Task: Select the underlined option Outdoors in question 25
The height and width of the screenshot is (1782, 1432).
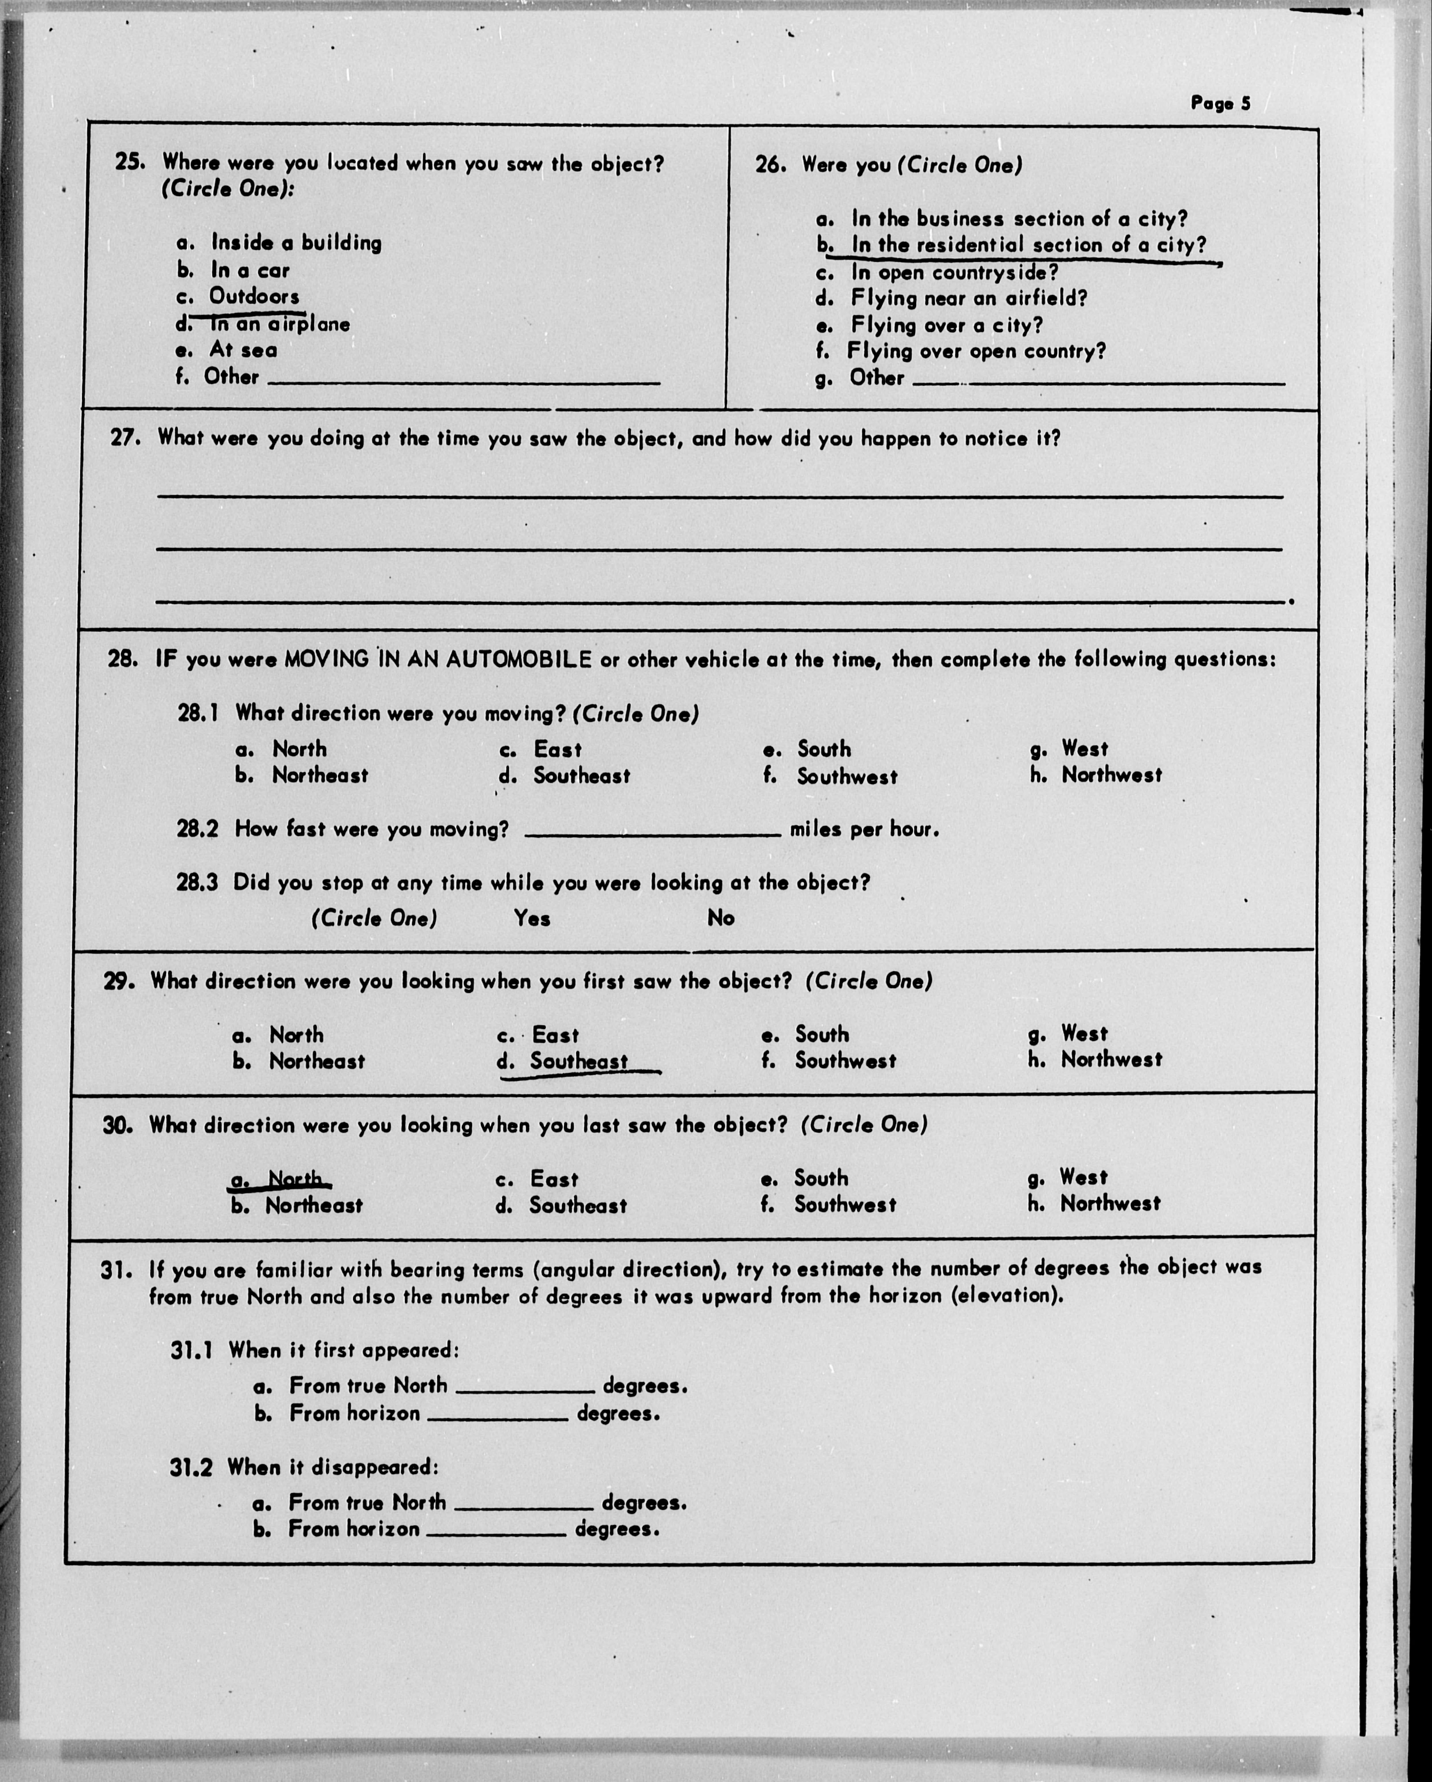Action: point(254,296)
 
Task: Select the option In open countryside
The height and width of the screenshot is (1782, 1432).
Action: point(954,272)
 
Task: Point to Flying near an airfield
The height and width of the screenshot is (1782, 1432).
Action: point(968,298)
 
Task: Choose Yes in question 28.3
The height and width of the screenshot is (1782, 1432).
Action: point(531,918)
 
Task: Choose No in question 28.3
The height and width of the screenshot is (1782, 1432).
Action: point(720,918)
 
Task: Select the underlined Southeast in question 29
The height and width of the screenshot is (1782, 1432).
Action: point(578,1061)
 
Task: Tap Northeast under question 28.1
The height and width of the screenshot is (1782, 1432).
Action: point(320,775)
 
